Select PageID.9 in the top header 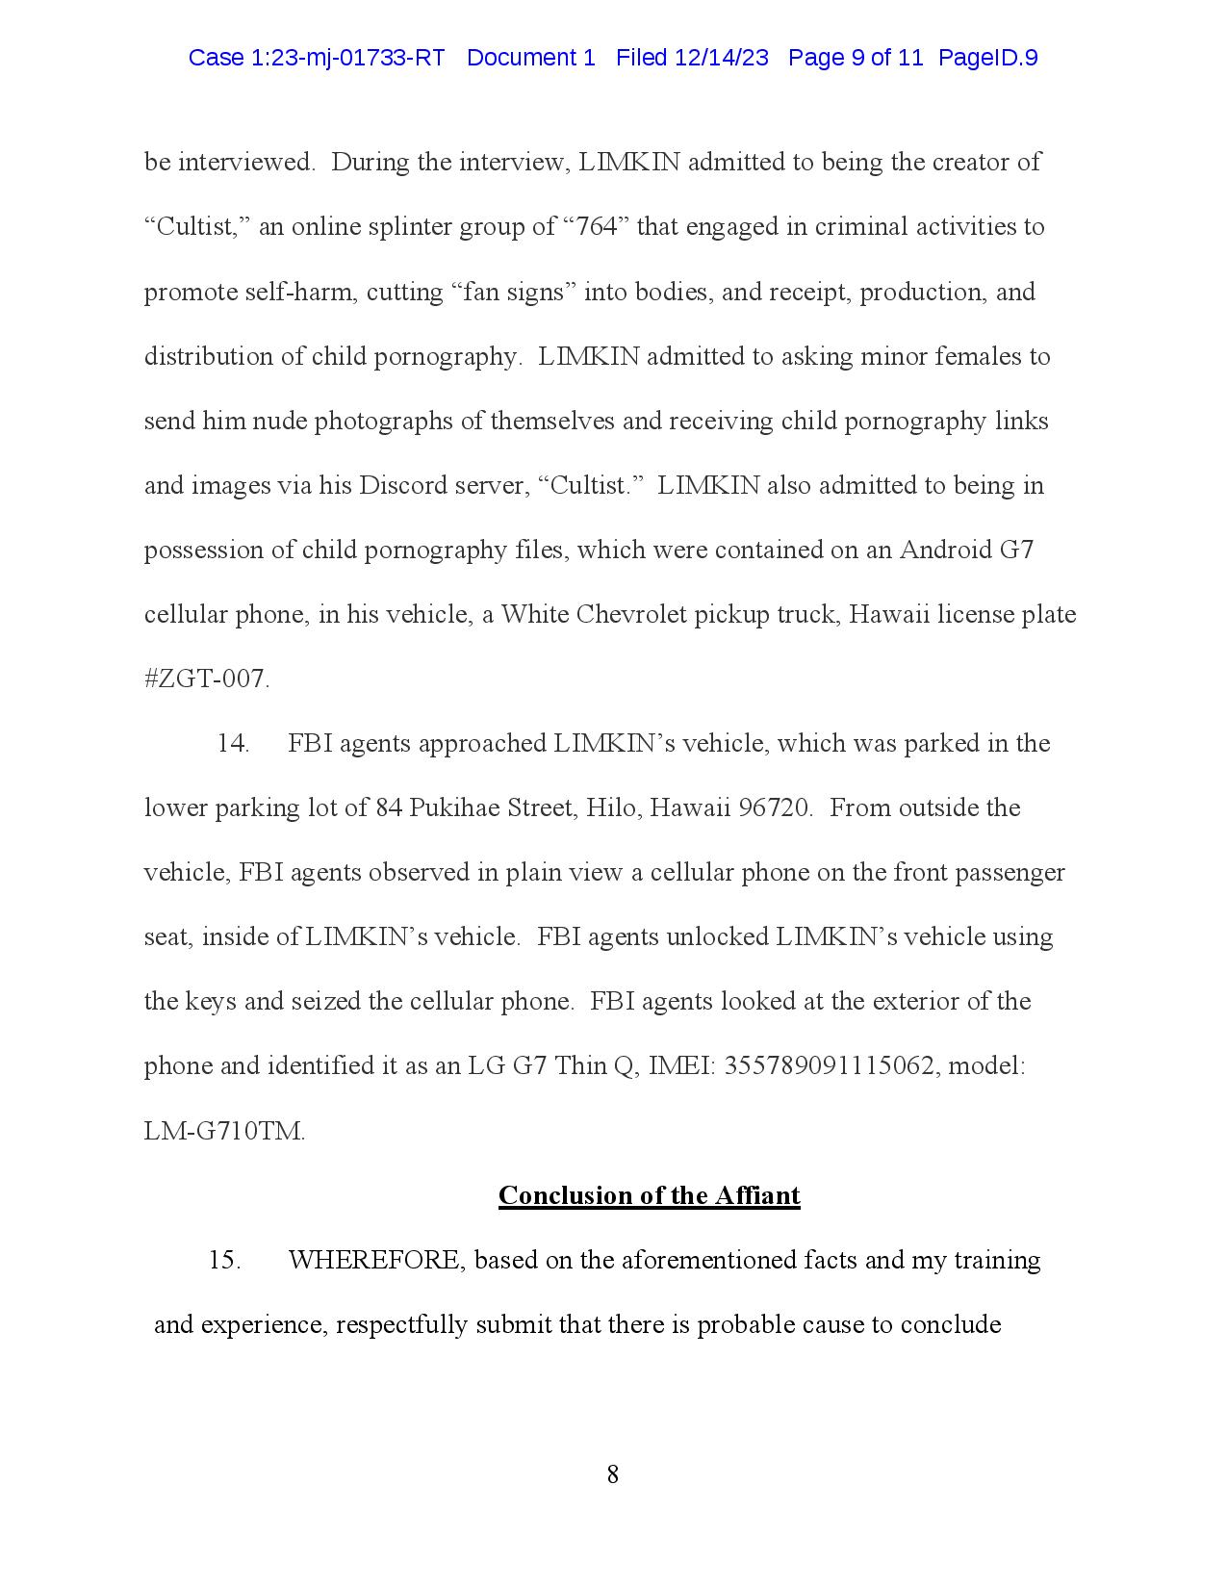pos(987,58)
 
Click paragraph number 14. pos(233,743)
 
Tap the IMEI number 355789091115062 pos(829,1066)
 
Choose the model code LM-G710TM pos(223,1131)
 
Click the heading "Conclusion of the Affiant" pos(649,1195)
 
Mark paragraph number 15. pos(224,1260)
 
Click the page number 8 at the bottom pos(613,1473)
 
